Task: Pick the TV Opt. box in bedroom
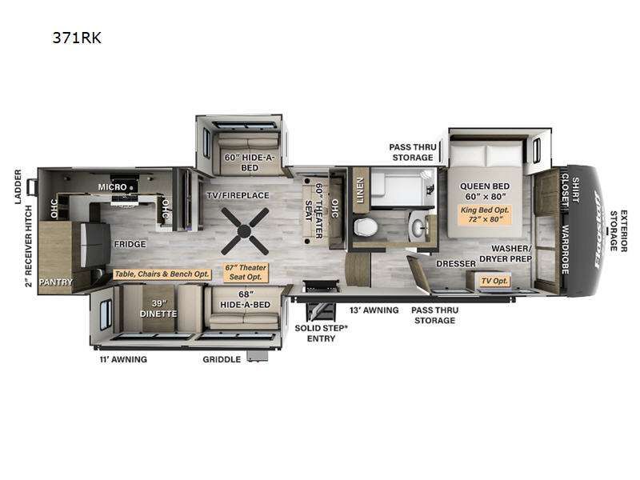(494, 281)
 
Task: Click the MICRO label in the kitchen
(113, 186)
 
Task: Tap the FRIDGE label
(129, 244)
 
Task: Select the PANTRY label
(57, 282)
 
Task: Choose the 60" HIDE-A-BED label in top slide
(239, 163)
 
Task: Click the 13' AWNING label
(373, 310)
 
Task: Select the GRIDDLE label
(222, 360)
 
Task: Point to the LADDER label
(18, 186)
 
